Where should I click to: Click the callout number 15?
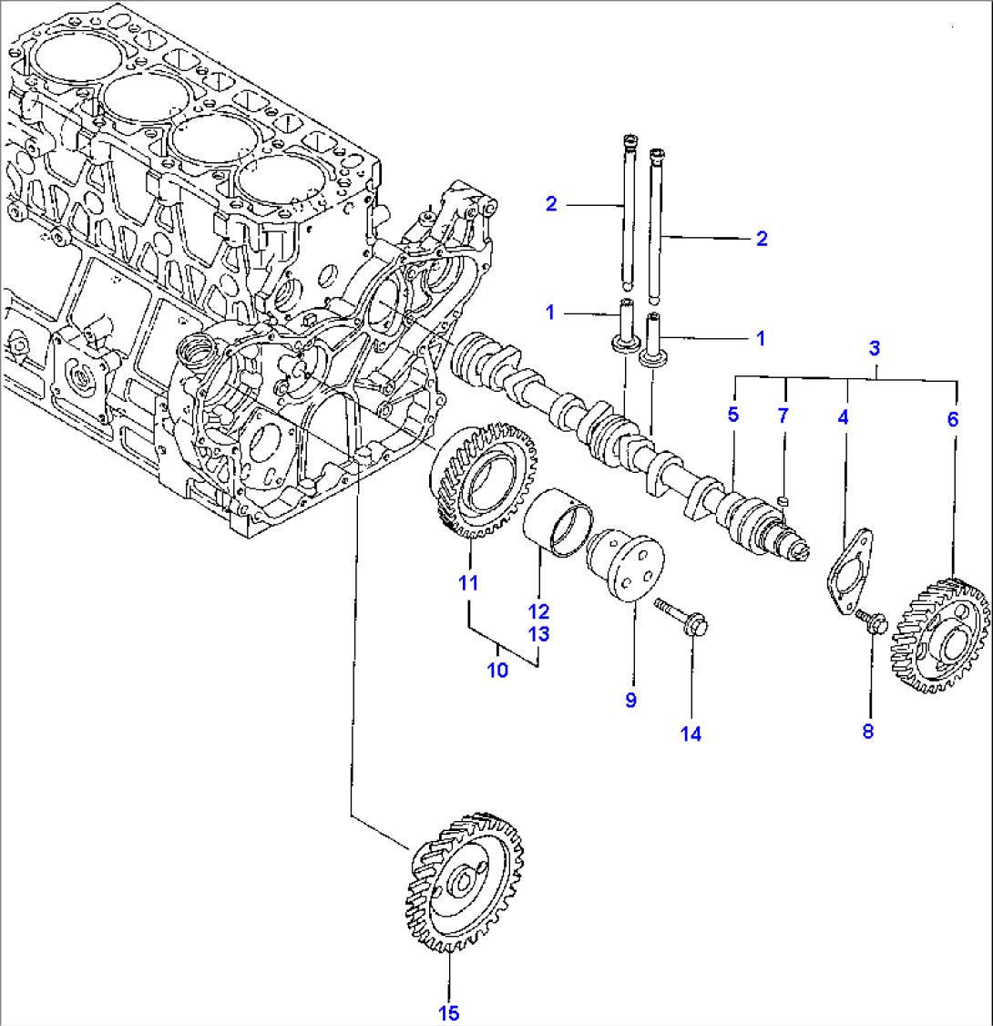click(x=449, y=1012)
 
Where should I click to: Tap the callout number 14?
click(x=691, y=733)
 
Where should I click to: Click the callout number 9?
click(x=630, y=699)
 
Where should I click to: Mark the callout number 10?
click(x=498, y=672)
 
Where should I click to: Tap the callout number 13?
click(x=540, y=633)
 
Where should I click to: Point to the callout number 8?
click(x=867, y=730)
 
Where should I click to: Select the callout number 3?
click(x=874, y=347)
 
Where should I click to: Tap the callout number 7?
click(x=783, y=416)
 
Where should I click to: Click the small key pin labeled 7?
click(x=783, y=498)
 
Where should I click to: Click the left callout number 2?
click(x=551, y=204)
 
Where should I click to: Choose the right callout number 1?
click(x=761, y=338)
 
